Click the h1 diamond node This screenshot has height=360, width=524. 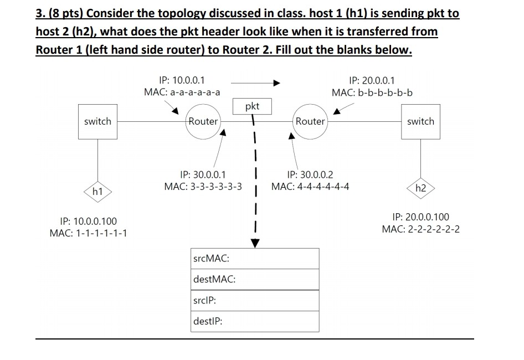[x=97, y=192]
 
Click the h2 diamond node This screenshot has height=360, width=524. [x=420, y=188]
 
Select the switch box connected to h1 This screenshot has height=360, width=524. [x=97, y=121]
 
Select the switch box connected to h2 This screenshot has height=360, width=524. [x=420, y=121]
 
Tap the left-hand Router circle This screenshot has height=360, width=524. [x=203, y=121]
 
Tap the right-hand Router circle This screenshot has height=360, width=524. [x=310, y=121]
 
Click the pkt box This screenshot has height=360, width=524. [x=251, y=106]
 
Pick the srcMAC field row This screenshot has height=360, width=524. [x=255, y=259]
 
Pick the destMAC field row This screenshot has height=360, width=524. [x=255, y=279]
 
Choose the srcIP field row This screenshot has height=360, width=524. [x=255, y=300]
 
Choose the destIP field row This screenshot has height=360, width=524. [x=255, y=321]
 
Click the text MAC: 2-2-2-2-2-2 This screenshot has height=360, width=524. [x=420, y=229]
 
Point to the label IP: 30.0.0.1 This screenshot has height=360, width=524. [x=203, y=174]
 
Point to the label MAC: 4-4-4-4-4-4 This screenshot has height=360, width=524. [x=310, y=186]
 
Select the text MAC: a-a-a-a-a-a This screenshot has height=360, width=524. [x=182, y=92]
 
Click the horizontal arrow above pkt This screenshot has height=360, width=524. [x=255, y=83]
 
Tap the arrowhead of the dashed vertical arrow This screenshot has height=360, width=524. [x=255, y=243]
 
